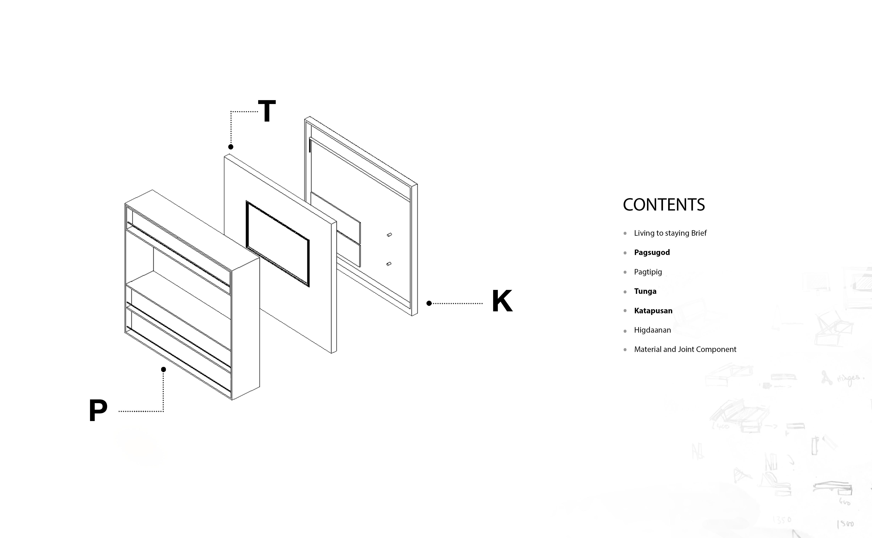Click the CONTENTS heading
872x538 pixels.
click(664, 205)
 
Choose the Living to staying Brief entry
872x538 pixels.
click(670, 233)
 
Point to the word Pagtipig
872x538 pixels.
click(648, 272)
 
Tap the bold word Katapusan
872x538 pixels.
click(653, 311)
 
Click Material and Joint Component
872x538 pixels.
click(685, 349)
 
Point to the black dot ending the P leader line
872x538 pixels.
click(163, 369)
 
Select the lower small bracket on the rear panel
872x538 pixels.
click(389, 264)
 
